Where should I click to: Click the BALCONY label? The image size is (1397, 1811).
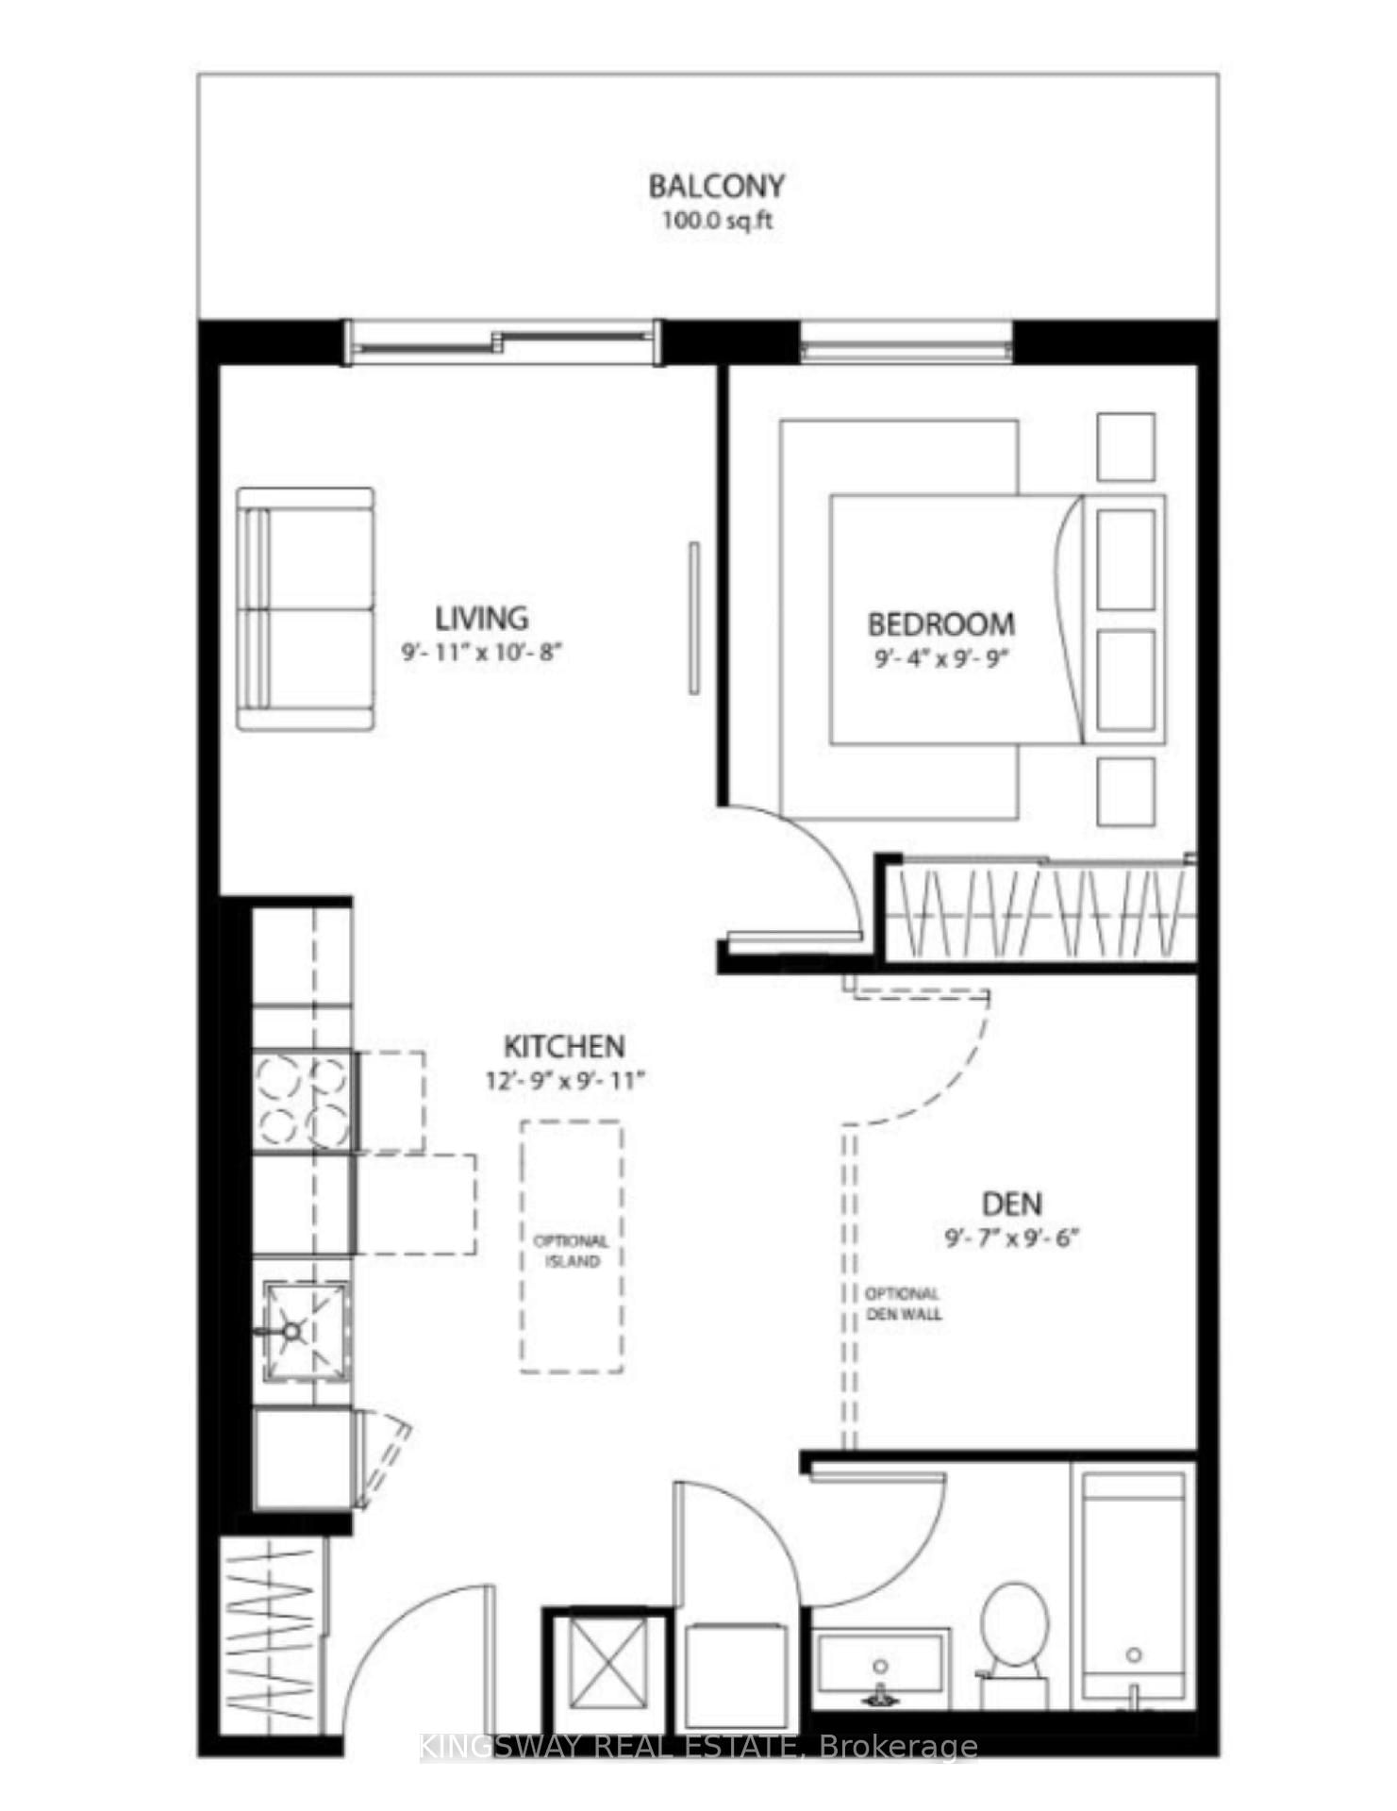(716, 186)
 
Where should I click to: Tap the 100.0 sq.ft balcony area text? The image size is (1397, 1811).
(716, 221)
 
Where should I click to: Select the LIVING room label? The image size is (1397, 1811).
(481, 619)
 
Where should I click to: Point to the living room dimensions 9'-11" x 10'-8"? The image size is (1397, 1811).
(482, 652)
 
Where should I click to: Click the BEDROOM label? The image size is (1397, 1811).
(940, 624)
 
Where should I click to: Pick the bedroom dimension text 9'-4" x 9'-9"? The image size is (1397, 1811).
(941, 658)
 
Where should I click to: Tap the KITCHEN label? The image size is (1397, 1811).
(564, 1046)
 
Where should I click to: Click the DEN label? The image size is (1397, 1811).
(1011, 1204)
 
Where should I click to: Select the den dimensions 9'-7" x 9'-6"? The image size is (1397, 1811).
(1011, 1238)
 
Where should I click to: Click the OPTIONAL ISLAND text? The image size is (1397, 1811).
(572, 1251)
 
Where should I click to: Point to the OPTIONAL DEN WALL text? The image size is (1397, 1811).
(903, 1304)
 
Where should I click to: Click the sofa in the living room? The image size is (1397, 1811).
(305, 608)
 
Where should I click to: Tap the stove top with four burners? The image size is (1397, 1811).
(303, 1100)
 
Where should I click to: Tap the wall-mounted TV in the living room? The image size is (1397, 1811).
(694, 618)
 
